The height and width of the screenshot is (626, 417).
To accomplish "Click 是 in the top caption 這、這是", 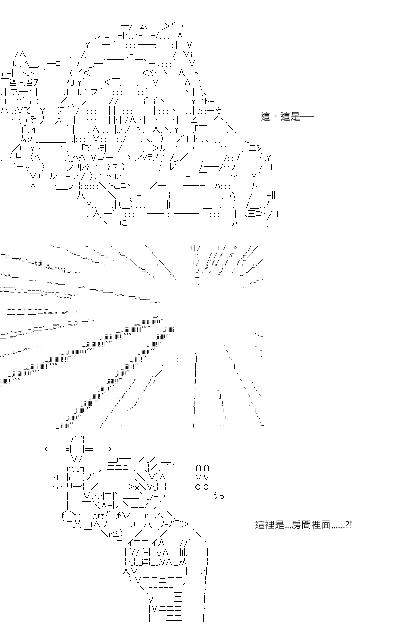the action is (295, 116).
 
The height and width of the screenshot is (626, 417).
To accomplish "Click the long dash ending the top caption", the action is (307, 116).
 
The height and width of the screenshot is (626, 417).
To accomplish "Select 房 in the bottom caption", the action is (297, 525).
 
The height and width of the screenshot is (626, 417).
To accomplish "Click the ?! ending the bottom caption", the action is (349, 525).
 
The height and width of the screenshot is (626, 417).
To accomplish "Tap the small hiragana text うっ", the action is (217, 496).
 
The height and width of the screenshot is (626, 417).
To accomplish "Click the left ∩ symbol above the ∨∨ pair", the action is (198, 468).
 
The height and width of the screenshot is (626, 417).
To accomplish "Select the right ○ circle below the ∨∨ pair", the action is (206, 487).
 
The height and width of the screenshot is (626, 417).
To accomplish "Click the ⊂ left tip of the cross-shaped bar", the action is (47, 449).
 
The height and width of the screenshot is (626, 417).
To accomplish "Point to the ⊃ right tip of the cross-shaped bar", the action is (108, 449).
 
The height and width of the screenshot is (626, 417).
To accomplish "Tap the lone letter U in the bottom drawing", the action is (133, 525).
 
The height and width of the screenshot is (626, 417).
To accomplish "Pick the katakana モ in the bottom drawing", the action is (69, 525).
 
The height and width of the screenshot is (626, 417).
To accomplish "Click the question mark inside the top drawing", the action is (67, 83).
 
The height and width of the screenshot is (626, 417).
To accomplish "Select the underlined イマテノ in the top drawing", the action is (147, 159).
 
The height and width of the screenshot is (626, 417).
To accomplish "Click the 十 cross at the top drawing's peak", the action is (125, 26).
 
